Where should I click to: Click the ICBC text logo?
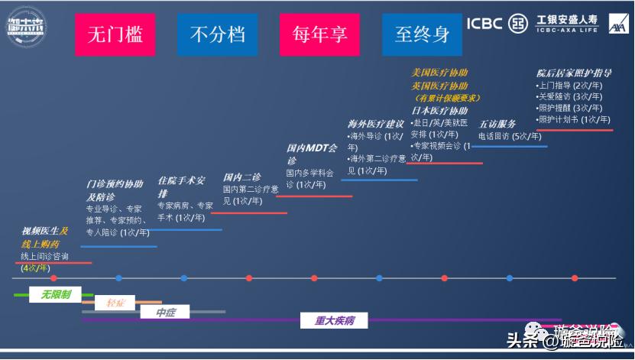click(x=484, y=23)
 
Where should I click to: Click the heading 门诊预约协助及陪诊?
click(x=114, y=190)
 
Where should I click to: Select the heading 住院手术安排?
click(x=181, y=186)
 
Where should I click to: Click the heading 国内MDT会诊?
click(x=311, y=154)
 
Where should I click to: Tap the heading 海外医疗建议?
click(x=376, y=124)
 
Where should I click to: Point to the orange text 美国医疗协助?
click(x=439, y=73)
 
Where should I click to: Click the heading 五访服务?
click(x=497, y=124)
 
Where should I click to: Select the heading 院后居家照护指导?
click(x=574, y=73)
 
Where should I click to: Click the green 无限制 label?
click(x=56, y=294)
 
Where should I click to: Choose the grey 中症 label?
click(x=165, y=313)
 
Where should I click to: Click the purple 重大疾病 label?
click(x=335, y=321)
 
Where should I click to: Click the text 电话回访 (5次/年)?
click(x=509, y=136)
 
